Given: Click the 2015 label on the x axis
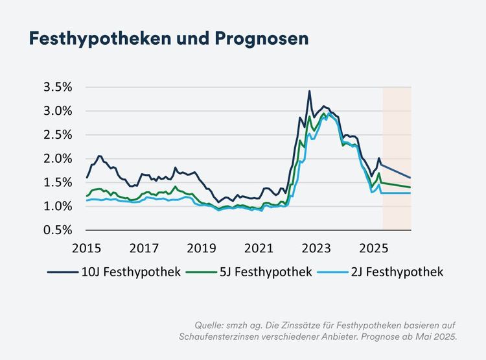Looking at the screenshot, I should [x=87, y=248].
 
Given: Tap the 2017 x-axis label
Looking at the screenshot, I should [x=144, y=248].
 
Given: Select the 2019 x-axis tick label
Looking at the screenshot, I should [x=202, y=248].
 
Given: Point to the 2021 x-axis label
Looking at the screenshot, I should [x=259, y=248].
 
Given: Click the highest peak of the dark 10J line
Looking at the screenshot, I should [x=309, y=91].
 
